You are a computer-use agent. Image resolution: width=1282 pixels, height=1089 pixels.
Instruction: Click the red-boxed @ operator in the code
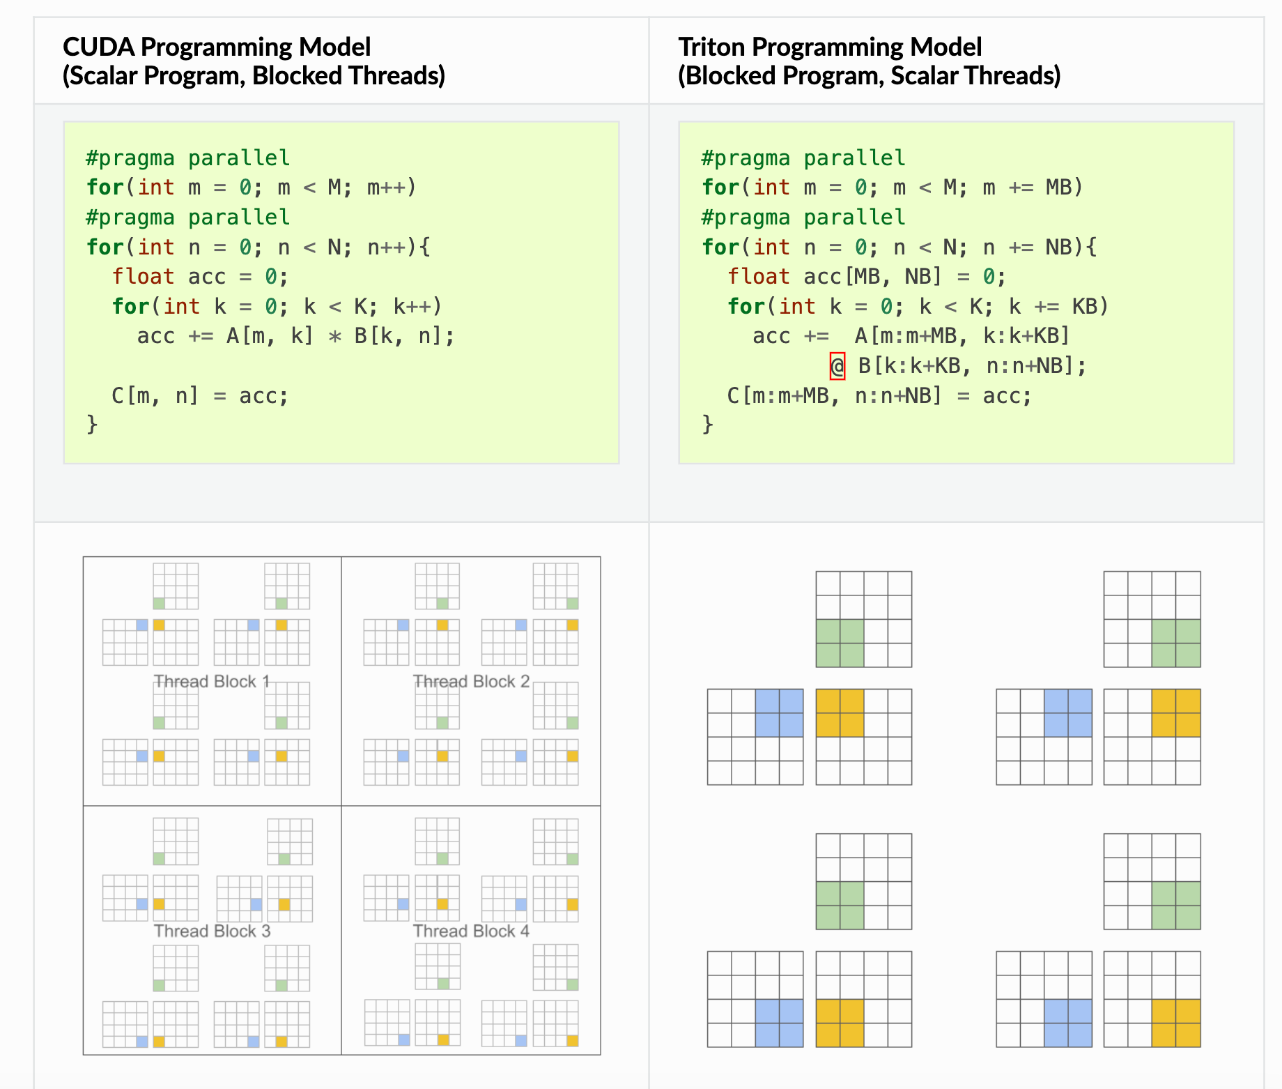coord(837,366)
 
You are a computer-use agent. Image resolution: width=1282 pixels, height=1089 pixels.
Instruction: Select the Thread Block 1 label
coord(212,681)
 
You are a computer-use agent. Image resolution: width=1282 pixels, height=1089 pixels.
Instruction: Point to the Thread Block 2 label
coord(471,681)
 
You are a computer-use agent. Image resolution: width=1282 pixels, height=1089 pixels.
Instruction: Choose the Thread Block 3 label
coord(212,931)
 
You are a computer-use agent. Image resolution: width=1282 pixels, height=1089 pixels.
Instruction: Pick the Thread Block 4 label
coord(471,931)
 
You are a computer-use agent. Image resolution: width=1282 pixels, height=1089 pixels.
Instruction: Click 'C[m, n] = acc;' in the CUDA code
coord(200,396)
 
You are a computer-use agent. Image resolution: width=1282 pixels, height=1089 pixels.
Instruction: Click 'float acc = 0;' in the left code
coord(200,277)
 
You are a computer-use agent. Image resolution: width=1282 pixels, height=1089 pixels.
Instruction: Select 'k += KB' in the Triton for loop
coord(1058,307)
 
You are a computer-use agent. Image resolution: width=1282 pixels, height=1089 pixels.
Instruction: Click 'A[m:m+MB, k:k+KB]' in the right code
coord(962,336)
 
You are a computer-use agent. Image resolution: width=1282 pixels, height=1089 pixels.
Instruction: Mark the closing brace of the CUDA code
coord(92,425)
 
